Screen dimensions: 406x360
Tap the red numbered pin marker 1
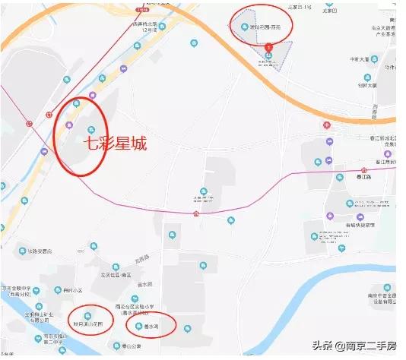[268, 46]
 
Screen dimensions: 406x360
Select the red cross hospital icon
[327, 125]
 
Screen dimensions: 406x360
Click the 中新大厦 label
[359, 58]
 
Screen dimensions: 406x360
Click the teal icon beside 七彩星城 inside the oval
[92, 129]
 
